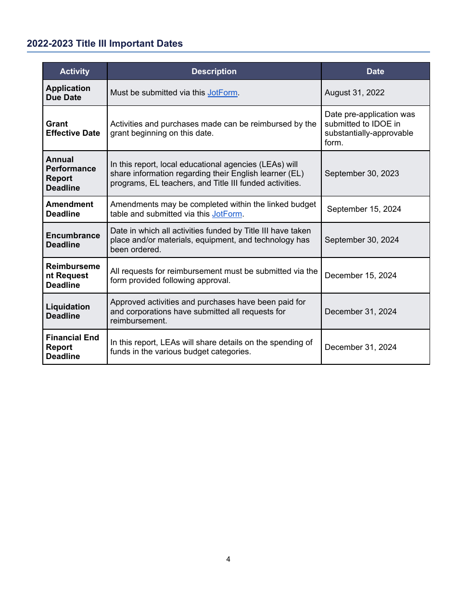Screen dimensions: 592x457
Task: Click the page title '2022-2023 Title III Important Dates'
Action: (x=105, y=44)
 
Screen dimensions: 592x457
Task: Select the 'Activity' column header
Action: (x=75, y=71)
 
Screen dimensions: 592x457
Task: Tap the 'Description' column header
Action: (x=214, y=71)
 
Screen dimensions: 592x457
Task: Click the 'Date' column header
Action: (x=375, y=71)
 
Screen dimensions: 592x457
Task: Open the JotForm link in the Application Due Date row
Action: (x=222, y=93)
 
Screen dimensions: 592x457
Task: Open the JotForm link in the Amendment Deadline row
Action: (x=227, y=214)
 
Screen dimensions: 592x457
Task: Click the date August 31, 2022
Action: (x=355, y=93)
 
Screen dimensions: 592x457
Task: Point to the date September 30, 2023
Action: (x=362, y=173)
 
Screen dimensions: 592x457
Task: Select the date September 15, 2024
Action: (x=364, y=209)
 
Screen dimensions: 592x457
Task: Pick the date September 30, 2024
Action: (x=362, y=240)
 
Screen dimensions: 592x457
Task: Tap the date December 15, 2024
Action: (x=361, y=275)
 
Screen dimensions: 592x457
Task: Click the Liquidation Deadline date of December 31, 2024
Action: (x=361, y=311)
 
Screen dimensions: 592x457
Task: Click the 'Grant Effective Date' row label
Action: (x=73, y=129)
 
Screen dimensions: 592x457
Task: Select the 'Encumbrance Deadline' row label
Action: (x=73, y=240)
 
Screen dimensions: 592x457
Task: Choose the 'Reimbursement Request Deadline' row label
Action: (x=73, y=275)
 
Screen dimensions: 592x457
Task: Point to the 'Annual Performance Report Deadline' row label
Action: (x=71, y=173)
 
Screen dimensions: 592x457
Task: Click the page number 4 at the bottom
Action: (x=228, y=559)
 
